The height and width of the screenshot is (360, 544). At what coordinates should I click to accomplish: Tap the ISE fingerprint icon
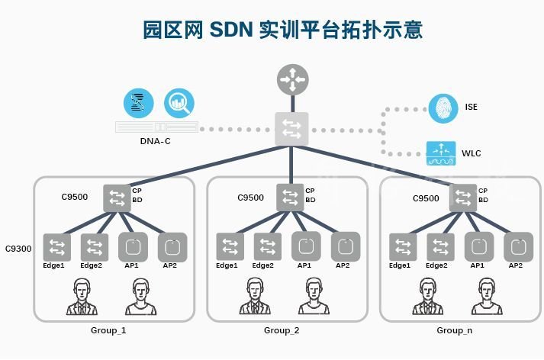click(x=443, y=108)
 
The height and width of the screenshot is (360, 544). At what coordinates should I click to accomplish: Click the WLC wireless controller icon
click(x=441, y=153)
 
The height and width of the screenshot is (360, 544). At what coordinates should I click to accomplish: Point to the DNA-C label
click(x=156, y=141)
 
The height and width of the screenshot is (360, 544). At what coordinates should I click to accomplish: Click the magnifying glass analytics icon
click(x=179, y=103)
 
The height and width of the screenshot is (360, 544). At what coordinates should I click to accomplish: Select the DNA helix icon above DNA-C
click(x=138, y=103)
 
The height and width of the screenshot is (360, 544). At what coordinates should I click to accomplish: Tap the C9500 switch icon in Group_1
click(x=117, y=198)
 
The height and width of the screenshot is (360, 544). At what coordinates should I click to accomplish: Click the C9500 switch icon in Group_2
click(x=291, y=198)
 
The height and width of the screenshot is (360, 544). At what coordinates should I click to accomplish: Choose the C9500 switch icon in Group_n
click(x=463, y=198)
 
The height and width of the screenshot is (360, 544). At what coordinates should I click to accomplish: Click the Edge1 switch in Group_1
click(x=56, y=246)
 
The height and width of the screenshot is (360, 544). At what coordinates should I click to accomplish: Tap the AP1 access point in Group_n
click(x=478, y=246)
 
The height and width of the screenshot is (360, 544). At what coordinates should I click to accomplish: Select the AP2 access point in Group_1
click(x=172, y=246)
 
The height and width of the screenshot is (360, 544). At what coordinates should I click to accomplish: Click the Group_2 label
click(x=282, y=330)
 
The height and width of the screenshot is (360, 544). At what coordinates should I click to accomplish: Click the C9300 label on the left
click(x=18, y=249)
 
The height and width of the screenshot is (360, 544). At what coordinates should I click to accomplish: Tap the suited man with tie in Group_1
click(x=82, y=297)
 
